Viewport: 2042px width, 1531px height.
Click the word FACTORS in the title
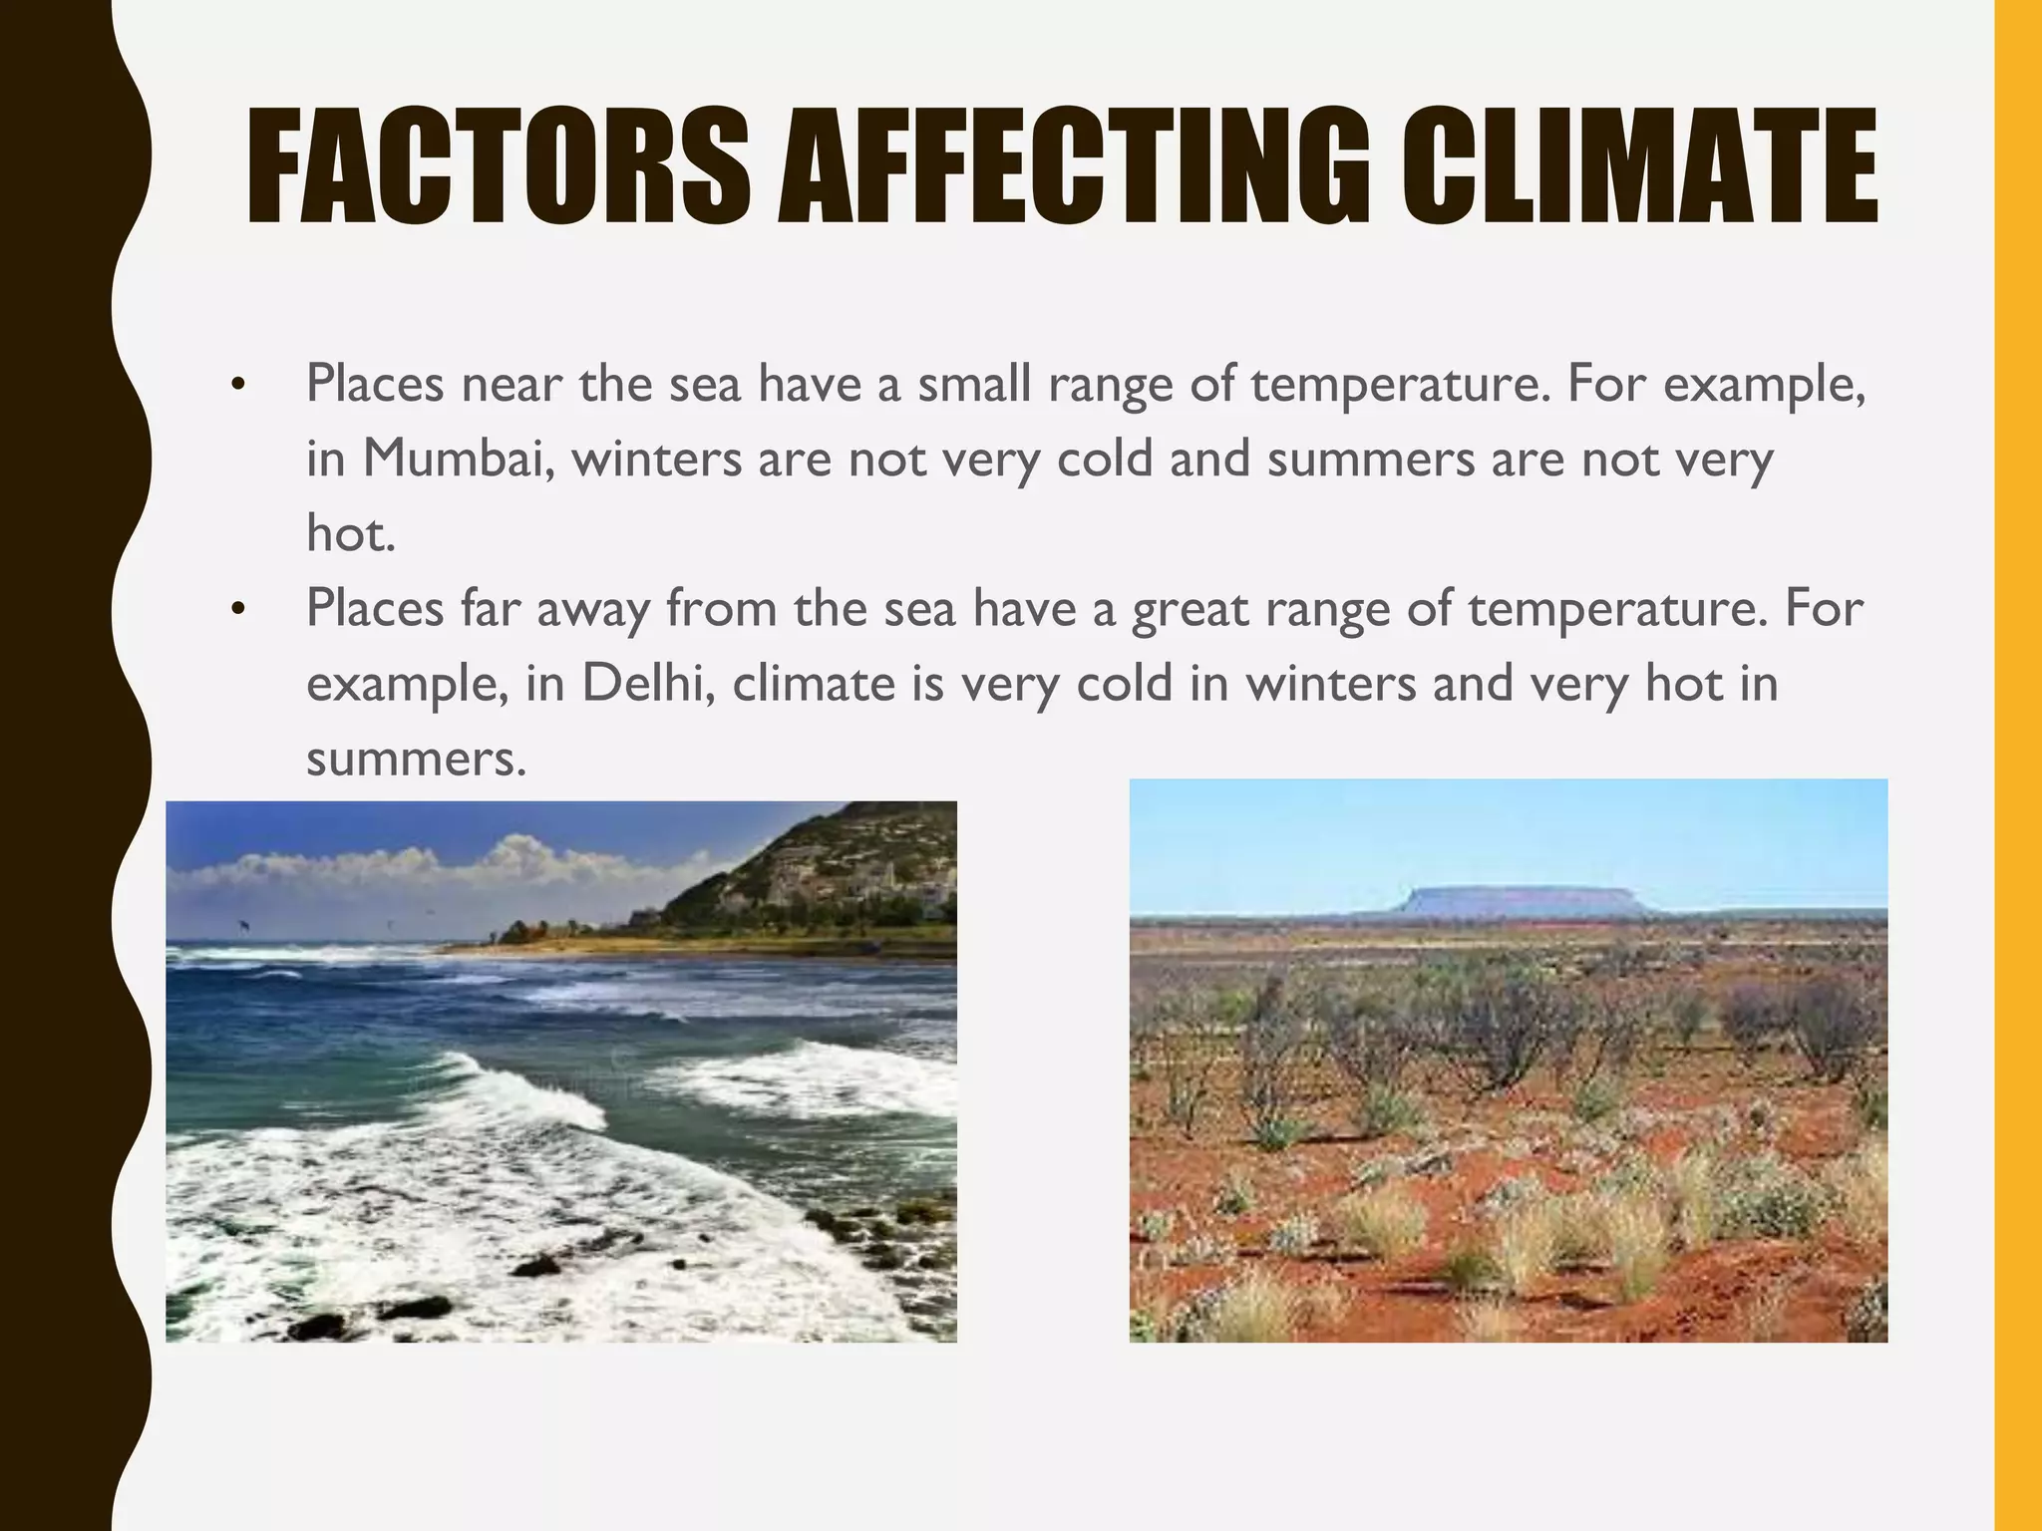click(x=499, y=166)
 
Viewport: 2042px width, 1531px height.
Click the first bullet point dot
click(x=236, y=385)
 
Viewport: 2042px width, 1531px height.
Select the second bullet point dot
click(x=236, y=609)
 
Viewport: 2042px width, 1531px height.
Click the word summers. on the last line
click(x=416, y=759)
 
